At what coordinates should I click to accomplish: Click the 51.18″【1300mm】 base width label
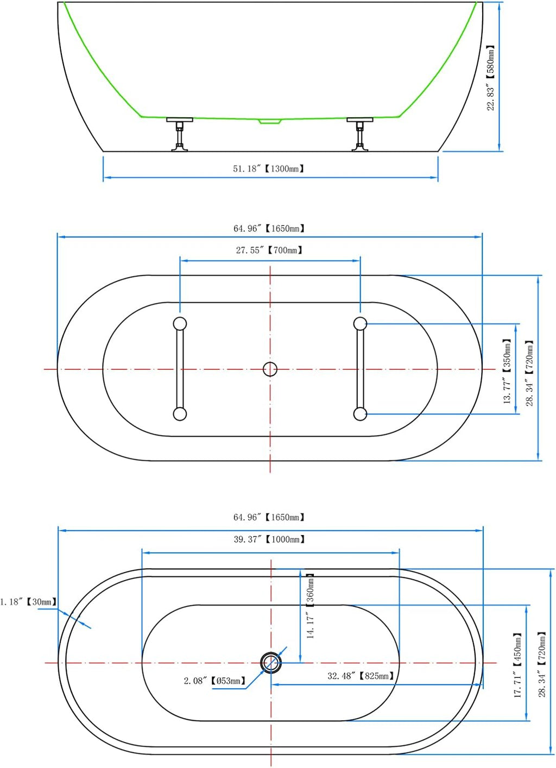(x=268, y=169)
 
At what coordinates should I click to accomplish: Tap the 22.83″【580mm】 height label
(x=491, y=78)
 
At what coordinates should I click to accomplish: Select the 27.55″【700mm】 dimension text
(x=269, y=250)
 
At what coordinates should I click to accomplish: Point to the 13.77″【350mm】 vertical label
(x=507, y=371)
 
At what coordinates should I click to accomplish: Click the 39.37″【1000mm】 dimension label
(x=269, y=539)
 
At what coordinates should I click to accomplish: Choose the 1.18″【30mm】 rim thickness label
(x=28, y=602)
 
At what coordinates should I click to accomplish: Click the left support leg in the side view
(x=180, y=134)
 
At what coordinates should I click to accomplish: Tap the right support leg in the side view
(x=359, y=134)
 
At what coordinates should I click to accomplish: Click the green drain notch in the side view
(x=270, y=121)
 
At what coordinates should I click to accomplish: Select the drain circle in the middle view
(x=270, y=369)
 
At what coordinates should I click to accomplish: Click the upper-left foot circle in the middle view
(x=180, y=324)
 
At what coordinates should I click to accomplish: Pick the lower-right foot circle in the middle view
(x=360, y=414)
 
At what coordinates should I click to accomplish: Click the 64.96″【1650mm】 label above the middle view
(x=269, y=228)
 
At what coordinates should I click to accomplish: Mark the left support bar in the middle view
(x=180, y=369)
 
